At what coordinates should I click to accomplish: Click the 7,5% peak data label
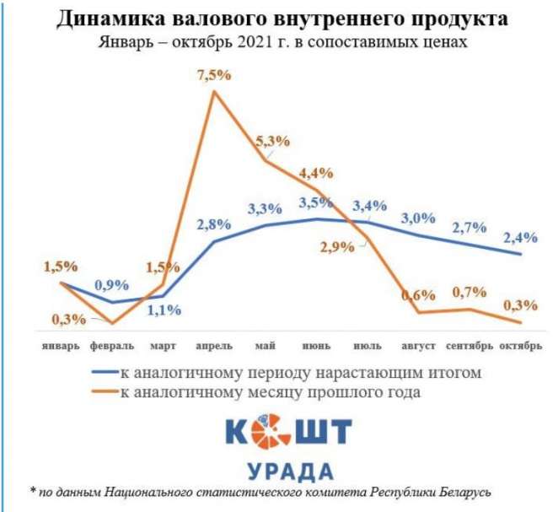(x=213, y=76)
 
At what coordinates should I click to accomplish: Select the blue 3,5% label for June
(x=316, y=202)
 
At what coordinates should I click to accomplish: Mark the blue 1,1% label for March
(x=164, y=310)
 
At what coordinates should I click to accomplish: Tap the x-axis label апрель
(x=215, y=346)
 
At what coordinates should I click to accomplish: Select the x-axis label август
(x=419, y=346)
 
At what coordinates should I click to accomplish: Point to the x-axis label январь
(x=62, y=346)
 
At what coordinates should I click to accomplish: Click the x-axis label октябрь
(x=520, y=346)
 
